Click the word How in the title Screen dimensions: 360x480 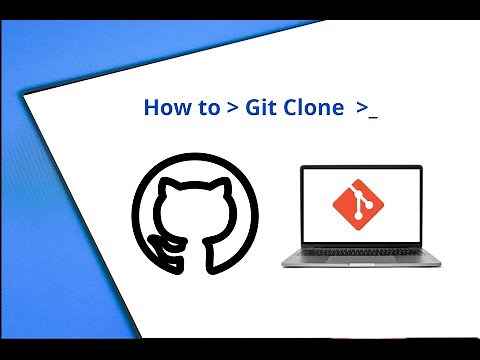[164, 107]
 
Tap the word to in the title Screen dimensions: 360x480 [207, 108]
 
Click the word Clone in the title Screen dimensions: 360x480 [312, 107]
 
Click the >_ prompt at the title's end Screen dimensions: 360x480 [366, 108]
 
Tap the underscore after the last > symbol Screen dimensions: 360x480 [373, 115]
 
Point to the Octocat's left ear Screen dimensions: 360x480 [172, 190]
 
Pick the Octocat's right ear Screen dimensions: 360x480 [217, 190]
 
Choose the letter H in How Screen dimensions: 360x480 [151, 107]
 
